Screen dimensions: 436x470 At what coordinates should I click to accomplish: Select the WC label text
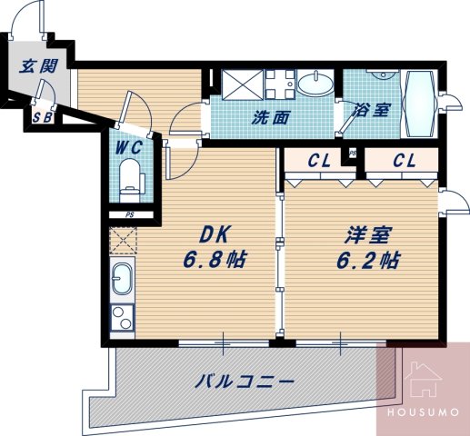127,144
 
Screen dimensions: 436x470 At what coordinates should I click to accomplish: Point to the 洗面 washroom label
271,116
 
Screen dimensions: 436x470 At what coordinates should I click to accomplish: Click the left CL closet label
318,162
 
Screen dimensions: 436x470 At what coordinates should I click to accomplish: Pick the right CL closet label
405,162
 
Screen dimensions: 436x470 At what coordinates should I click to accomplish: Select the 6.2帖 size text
367,259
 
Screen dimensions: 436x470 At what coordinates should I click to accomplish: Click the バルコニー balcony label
245,382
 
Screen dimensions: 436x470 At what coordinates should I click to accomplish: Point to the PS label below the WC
130,214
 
